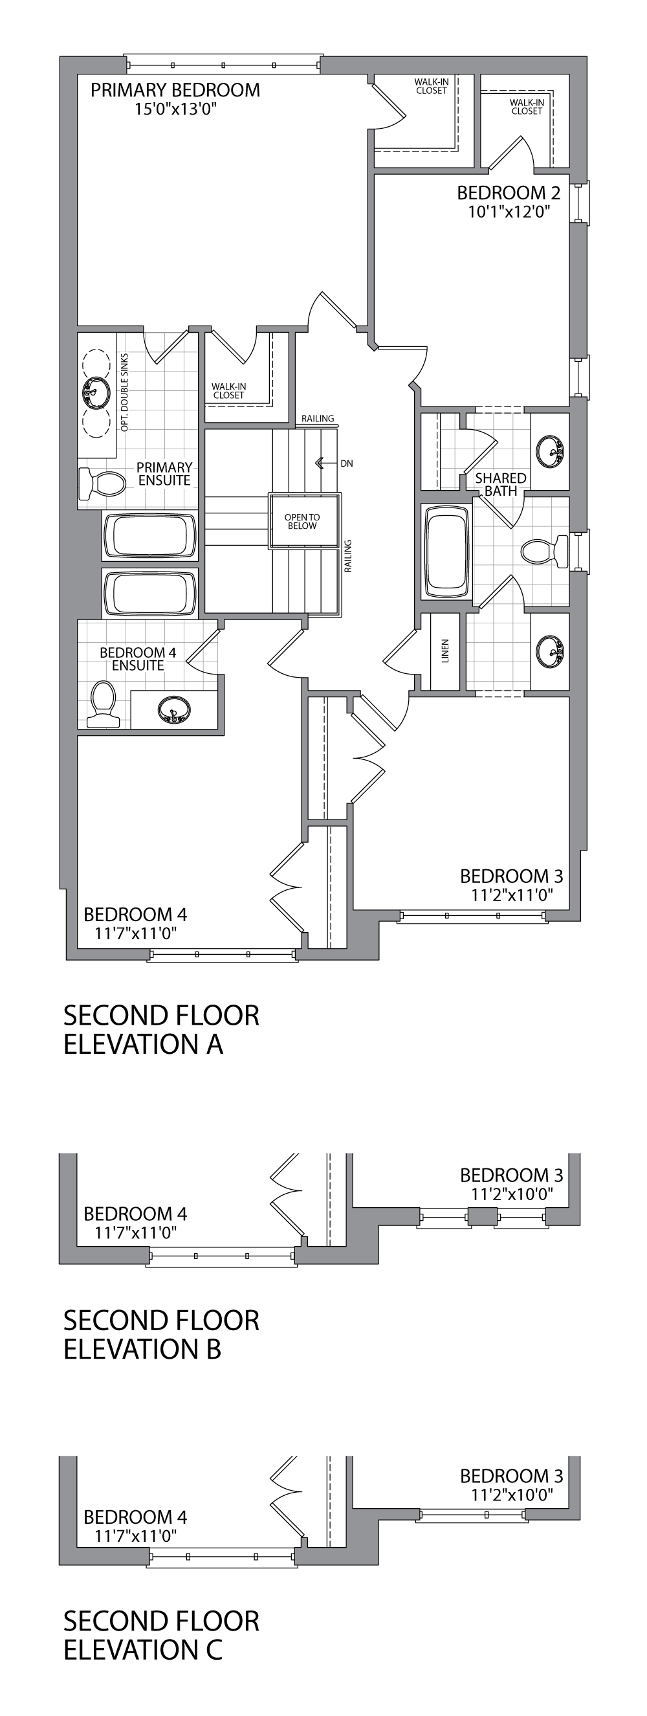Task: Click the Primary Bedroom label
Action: (175, 90)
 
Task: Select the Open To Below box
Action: (302, 521)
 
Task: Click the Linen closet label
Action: (445, 651)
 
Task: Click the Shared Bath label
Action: (501, 484)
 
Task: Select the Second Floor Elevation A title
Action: (161, 1029)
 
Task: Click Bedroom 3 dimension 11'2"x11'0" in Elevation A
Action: (511, 895)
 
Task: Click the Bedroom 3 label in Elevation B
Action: (511, 1174)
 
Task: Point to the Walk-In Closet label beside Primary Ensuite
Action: (228, 390)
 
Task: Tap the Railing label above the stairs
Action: (318, 418)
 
